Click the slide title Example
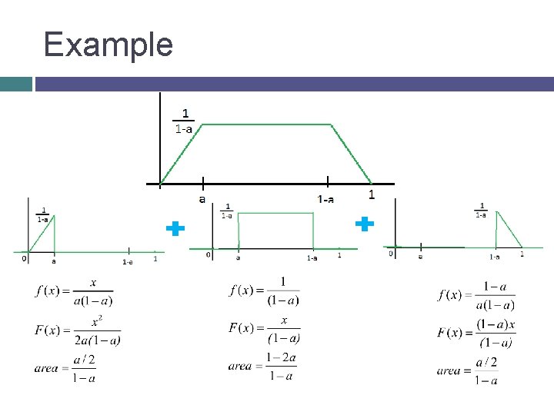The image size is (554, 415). pyautogui.click(x=108, y=45)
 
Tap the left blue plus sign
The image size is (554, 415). pyautogui.click(x=175, y=228)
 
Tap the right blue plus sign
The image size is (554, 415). pyautogui.click(x=364, y=224)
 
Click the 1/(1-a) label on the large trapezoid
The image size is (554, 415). pyautogui.click(x=183, y=121)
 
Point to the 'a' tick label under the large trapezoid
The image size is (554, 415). pyautogui.click(x=202, y=198)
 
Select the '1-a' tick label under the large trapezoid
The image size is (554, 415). pyautogui.click(x=326, y=199)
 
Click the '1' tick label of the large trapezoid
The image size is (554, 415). pyautogui.click(x=372, y=194)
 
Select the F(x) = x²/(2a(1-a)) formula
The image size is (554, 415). pyautogui.click(x=78, y=330)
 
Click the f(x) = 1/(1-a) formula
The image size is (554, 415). pyautogui.click(x=265, y=290)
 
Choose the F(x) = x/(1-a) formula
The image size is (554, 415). pyautogui.click(x=265, y=328)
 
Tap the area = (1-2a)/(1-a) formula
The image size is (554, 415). pyautogui.click(x=262, y=366)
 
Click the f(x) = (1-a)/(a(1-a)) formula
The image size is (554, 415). pyautogui.click(x=476, y=295)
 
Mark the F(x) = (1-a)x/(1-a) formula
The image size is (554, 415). pyautogui.click(x=476, y=333)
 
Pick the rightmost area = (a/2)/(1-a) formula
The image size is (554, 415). pyautogui.click(x=467, y=370)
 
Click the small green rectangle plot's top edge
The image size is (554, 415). pyautogui.click(x=275, y=213)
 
